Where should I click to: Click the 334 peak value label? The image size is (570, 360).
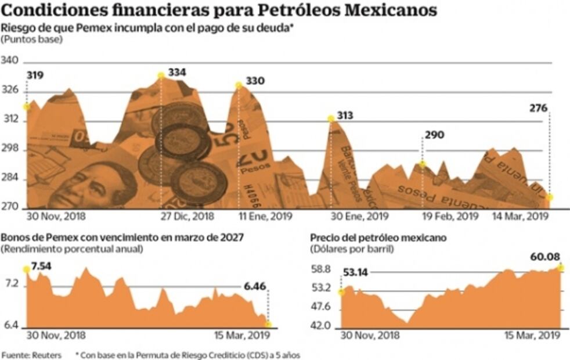click(177, 73)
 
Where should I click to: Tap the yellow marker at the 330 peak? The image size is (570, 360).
click(239, 85)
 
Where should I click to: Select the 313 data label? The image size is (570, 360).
click(345, 116)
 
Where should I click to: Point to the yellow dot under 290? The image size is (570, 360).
click(423, 164)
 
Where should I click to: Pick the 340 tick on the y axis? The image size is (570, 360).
click(10, 61)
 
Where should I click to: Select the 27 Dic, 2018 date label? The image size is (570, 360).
click(187, 216)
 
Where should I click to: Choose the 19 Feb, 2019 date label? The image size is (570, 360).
click(448, 216)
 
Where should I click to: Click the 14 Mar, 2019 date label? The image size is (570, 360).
click(521, 216)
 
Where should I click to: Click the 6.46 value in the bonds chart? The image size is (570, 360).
click(254, 286)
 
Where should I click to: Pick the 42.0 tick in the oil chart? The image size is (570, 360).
click(320, 326)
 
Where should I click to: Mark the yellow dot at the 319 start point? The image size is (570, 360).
click(26, 106)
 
